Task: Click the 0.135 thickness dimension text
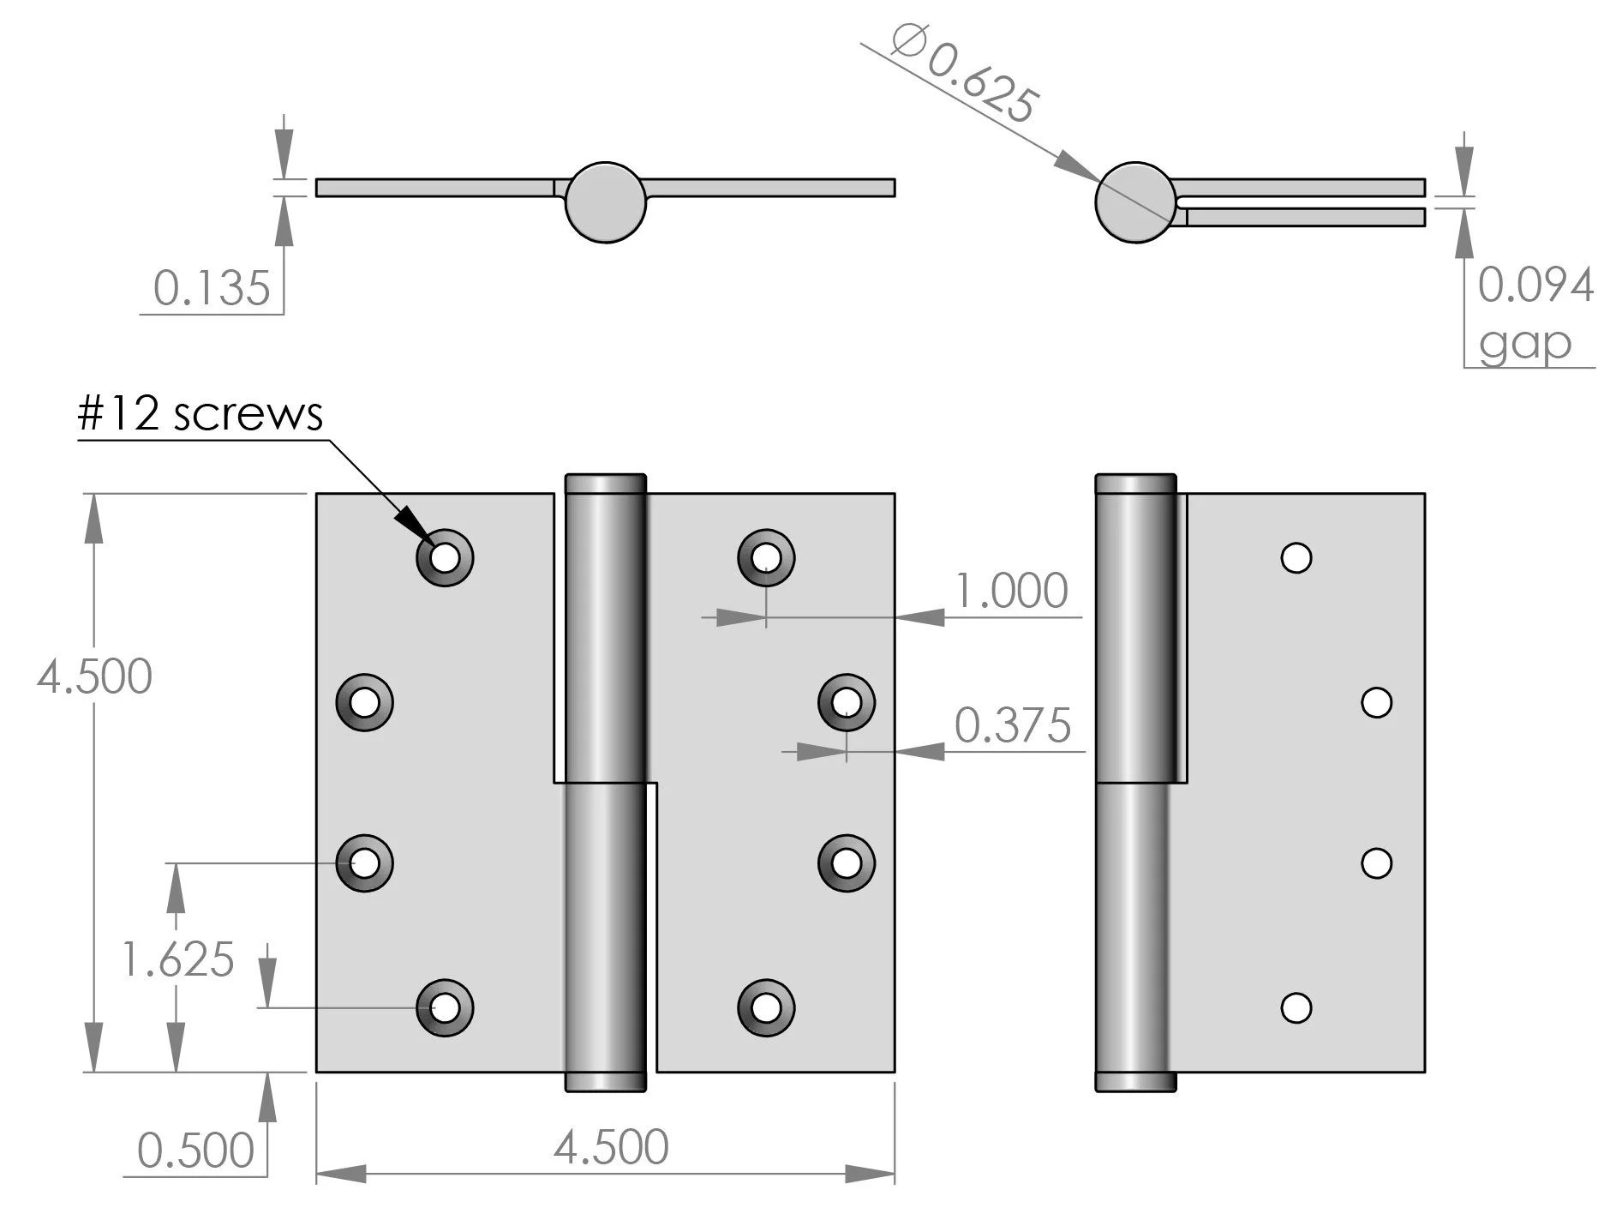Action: pyautogui.click(x=212, y=287)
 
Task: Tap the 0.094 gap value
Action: pyautogui.click(x=1535, y=285)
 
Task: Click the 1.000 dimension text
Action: pyautogui.click(x=1011, y=591)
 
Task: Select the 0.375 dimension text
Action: pyautogui.click(x=1013, y=725)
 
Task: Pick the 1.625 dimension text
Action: pyautogui.click(x=177, y=959)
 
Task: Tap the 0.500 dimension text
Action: pyautogui.click(x=195, y=1150)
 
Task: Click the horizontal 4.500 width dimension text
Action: pyautogui.click(x=611, y=1146)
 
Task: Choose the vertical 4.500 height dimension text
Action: pyautogui.click(x=94, y=676)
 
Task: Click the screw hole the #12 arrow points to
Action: pyautogui.click(x=445, y=558)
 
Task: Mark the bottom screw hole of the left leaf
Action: pyautogui.click(x=445, y=1008)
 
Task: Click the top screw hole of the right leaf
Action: pyautogui.click(x=766, y=558)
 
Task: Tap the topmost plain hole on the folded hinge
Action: pyautogui.click(x=1296, y=558)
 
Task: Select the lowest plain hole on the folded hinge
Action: pyautogui.click(x=1296, y=1007)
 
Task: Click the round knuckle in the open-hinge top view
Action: pyautogui.click(x=606, y=202)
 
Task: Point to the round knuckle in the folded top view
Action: pyautogui.click(x=1135, y=202)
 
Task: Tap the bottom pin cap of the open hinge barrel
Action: pyautogui.click(x=606, y=1082)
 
